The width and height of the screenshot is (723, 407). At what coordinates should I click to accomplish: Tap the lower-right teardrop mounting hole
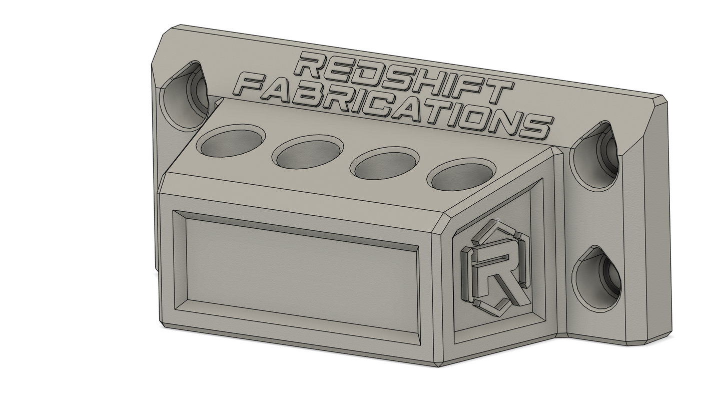tap(596, 278)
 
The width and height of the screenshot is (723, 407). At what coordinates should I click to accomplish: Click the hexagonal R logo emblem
tap(495, 268)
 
